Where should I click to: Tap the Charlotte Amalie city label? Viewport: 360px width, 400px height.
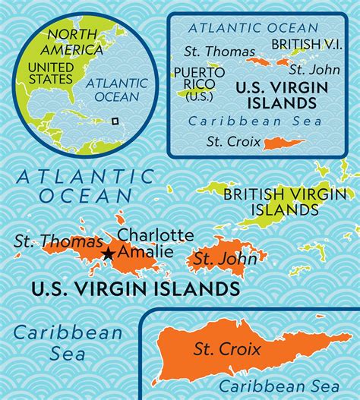151,243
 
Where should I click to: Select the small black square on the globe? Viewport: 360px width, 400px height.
115,120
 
